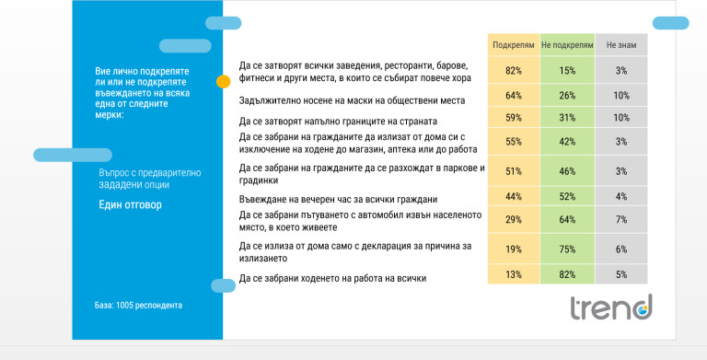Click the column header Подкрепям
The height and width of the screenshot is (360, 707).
pyautogui.click(x=514, y=45)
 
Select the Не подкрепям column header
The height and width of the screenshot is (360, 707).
pyautogui.click(x=567, y=45)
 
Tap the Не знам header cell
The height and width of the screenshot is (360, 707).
pyautogui.click(x=621, y=45)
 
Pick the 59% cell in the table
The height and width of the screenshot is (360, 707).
pyautogui.click(x=514, y=117)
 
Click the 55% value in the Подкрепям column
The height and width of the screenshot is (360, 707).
pyautogui.click(x=514, y=141)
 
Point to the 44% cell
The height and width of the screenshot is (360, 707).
pyautogui.click(x=514, y=196)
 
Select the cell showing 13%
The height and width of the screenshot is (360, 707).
pyautogui.click(x=514, y=274)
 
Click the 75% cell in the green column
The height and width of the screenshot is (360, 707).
pyautogui.click(x=567, y=249)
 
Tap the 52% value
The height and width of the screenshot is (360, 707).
pyautogui.click(x=567, y=196)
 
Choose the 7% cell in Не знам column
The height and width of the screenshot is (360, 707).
pyautogui.click(x=621, y=220)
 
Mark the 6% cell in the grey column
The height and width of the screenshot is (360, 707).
pyautogui.click(x=621, y=249)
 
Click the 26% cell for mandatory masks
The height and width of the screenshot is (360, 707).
pyautogui.click(x=567, y=95)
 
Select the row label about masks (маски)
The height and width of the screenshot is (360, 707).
pyautogui.click(x=352, y=100)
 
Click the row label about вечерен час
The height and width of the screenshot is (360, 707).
pyautogui.click(x=338, y=199)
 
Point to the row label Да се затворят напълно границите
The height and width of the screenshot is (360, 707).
pyautogui.click(x=338, y=122)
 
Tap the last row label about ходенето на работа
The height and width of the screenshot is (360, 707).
pyautogui.click(x=332, y=278)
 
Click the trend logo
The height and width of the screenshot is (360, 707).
pyautogui.click(x=611, y=308)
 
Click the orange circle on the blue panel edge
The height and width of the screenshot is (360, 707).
pyautogui.click(x=223, y=82)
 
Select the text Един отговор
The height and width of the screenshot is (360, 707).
pyautogui.click(x=130, y=204)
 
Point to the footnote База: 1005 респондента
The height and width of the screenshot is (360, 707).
pyautogui.click(x=138, y=306)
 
